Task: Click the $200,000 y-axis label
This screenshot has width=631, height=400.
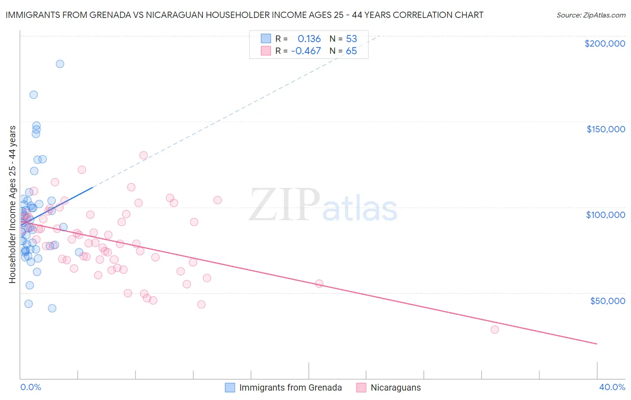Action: tap(605, 43)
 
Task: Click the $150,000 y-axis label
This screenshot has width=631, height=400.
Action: tap(605, 129)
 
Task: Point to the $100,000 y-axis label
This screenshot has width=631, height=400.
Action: tap(605, 215)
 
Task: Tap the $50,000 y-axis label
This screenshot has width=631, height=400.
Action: tap(607, 300)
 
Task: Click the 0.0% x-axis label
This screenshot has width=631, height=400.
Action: tap(31, 387)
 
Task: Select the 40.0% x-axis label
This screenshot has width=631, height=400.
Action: tap(612, 387)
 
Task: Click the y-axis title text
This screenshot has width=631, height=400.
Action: tap(12, 204)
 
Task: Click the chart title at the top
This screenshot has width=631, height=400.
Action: tap(245, 15)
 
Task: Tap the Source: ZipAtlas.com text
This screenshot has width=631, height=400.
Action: tap(591, 15)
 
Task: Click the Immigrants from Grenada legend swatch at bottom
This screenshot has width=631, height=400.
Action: tap(230, 387)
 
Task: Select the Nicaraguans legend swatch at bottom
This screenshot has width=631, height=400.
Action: tap(361, 387)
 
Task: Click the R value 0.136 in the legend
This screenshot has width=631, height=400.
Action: tap(309, 39)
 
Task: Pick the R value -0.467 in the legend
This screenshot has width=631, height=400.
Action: tap(306, 51)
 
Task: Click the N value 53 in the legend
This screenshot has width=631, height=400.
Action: tap(351, 39)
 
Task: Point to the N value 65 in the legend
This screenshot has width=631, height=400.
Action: tap(351, 51)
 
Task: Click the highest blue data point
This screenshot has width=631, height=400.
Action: tap(60, 64)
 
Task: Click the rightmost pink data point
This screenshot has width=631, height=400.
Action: tap(495, 330)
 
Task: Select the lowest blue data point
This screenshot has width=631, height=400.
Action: tap(52, 308)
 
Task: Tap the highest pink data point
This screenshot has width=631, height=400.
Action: tap(144, 155)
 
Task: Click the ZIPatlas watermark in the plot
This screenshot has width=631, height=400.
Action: tap(323, 206)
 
